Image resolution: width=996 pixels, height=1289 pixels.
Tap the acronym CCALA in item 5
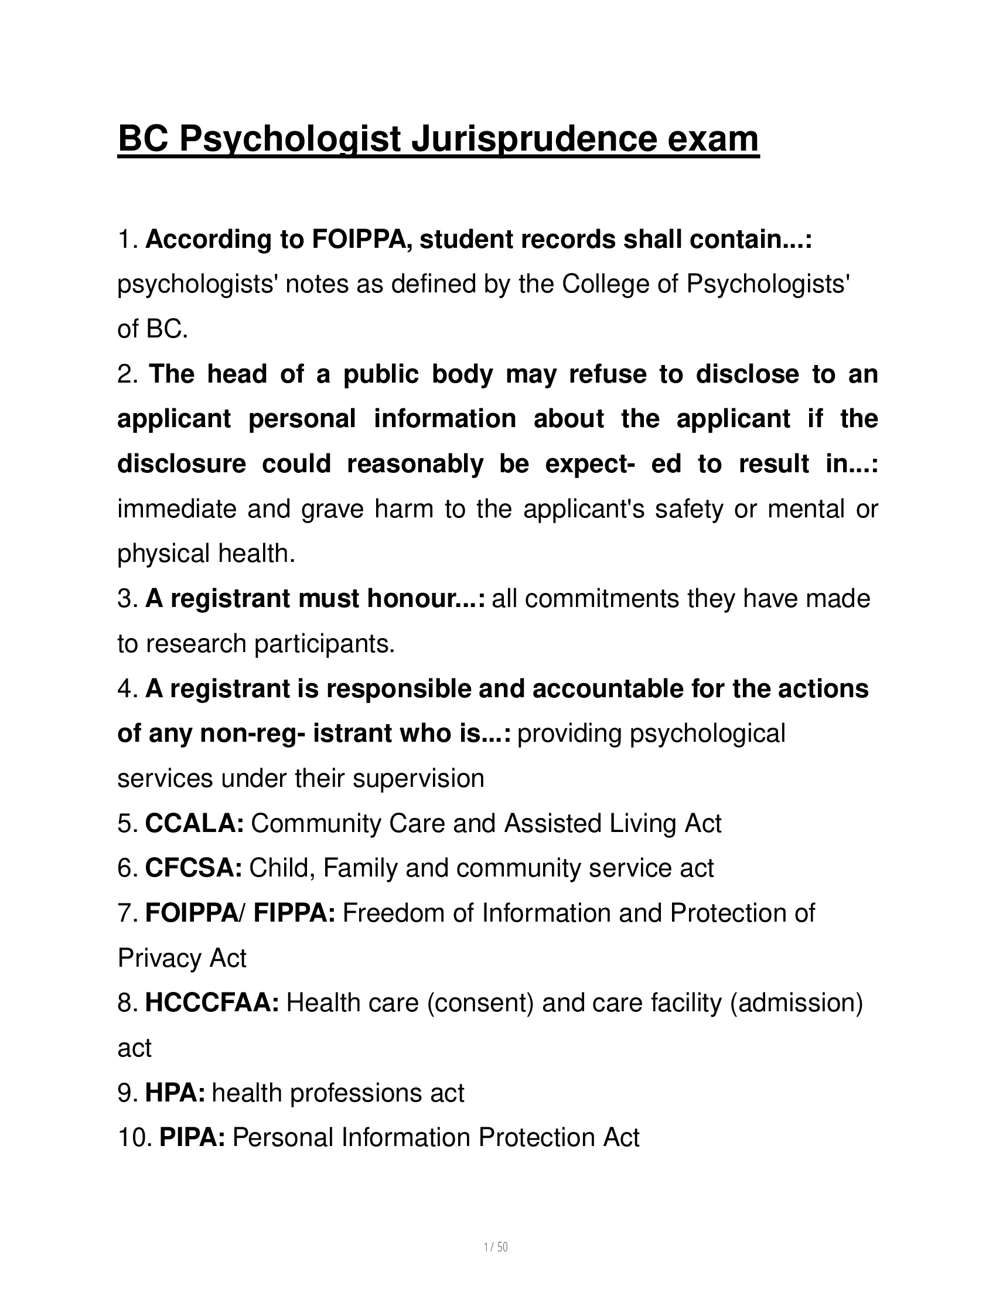[x=195, y=823]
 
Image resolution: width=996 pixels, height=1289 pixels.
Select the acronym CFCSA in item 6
[x=193, y=868]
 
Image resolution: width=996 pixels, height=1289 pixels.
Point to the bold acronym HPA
[x=175, y=1093]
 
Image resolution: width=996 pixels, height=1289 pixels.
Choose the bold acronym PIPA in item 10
[x=192, y=1138]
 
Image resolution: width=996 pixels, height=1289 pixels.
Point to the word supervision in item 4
[x=418, y=779]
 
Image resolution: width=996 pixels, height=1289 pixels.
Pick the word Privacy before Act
[x=152, y=959]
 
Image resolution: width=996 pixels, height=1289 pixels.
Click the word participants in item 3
[x=323, y=644]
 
